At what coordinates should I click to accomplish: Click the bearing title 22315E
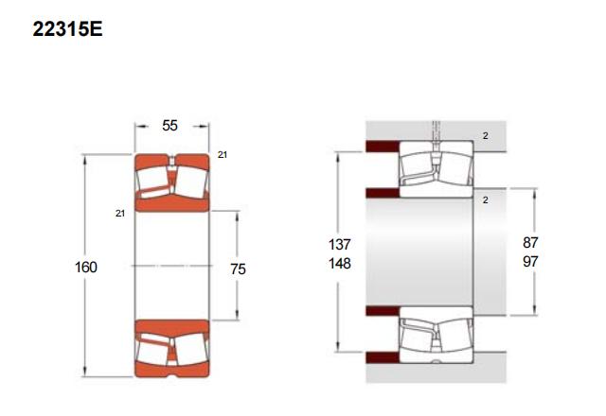point(67,29)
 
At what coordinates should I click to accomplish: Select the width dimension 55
point(169,126)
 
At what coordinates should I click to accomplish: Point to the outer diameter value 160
point(86,267)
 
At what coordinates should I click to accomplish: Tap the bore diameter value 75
point(238,269)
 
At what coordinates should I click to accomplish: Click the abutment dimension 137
point(340,244)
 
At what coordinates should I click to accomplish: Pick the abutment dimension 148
point(340,264)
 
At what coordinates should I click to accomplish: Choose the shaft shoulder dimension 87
point(530,243)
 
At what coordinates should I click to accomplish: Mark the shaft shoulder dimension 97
point(530,262)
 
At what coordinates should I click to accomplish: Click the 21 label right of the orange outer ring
point(223,155)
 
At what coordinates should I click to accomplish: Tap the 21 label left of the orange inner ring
point(120,214)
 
